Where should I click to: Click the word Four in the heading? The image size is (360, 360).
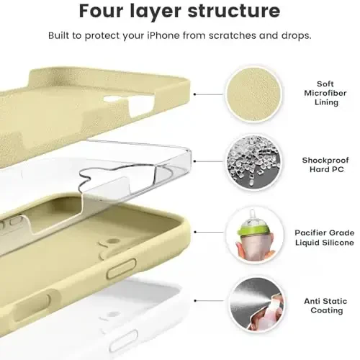click(102, 11)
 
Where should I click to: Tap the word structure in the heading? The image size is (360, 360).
click(234, 11)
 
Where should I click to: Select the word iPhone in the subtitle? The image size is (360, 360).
click(163, 35)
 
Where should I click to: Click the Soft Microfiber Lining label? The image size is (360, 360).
click(325, 93)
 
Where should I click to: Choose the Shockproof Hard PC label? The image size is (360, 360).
click(325, 165)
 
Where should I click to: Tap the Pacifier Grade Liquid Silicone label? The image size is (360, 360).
click(325, 238)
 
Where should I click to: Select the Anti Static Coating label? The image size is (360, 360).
click(325, 305)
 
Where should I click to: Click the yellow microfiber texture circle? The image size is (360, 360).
click(254, 94)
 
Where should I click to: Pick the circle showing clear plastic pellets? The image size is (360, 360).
click(254, 163)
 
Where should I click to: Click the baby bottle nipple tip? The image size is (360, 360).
click(252, 212)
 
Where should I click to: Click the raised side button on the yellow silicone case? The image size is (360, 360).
click(122, 269)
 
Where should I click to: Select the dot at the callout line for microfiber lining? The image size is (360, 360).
click(194, 94)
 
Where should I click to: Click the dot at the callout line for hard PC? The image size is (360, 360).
click(194, 161)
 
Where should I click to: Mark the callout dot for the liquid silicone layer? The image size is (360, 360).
click(195, 232)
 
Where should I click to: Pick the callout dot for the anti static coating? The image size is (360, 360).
click(195, 300)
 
